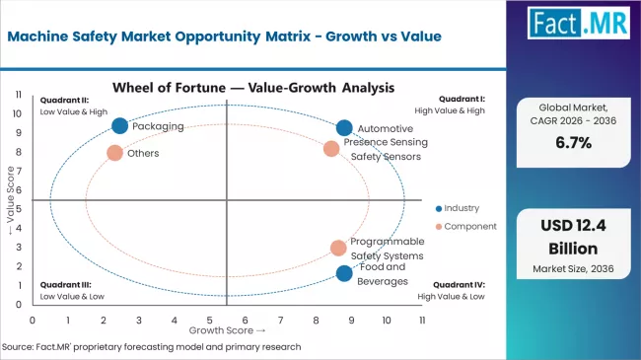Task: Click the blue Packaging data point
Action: [x=120, y=126]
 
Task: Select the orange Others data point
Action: [x=115, y=153]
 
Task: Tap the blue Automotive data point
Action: [x=344, y=128]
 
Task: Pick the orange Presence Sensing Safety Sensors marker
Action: [x=331, y=149]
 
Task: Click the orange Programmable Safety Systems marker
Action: [x=338, y=248]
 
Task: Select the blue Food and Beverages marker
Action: [x=344, y=273]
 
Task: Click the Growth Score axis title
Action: [x=227, y=330]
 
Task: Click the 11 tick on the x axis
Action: [x=421, y=320]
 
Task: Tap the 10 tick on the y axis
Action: [x=19, y=112]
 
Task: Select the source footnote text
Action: [x=151, y=347]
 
